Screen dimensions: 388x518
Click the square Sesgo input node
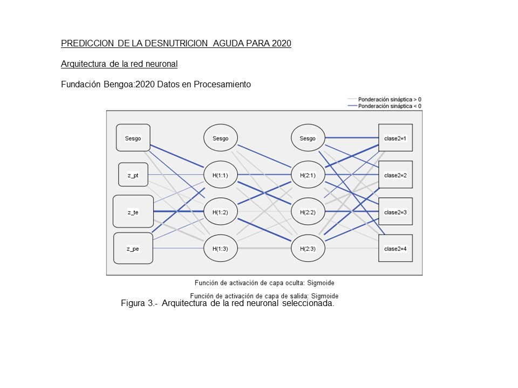pos(133,138)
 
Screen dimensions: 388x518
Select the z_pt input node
pos(133,175)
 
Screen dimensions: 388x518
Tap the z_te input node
pos(133,212)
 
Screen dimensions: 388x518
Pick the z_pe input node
pos(133,248)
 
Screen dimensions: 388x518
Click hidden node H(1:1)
pos(220,175)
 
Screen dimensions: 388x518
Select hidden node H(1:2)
pos(220,212)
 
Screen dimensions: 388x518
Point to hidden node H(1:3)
pos(220,248)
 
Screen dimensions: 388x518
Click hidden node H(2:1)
pos(308,175)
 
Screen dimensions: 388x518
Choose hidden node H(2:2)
pos(308,212)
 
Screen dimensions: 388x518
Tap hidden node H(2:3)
pos(308,248)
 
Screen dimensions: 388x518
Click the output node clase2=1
pos(396,138)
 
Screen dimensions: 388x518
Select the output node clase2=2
pos(396,175)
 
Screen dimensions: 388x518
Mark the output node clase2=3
pos(396,212)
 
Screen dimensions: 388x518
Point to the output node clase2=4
pos(396,248)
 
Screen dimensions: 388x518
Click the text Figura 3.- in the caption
pos(139,304)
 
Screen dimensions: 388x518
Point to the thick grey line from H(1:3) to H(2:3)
pos(264,248)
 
